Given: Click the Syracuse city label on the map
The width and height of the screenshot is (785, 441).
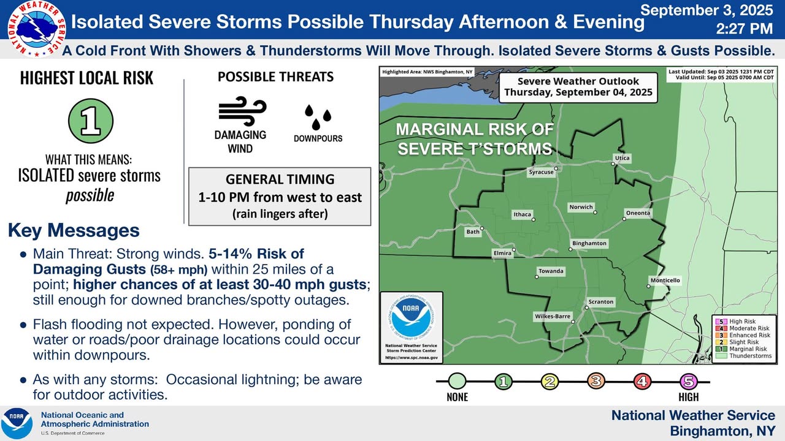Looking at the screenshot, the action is (x=541, y=172).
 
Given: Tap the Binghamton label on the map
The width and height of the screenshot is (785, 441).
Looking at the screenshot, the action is (x=589, y=243).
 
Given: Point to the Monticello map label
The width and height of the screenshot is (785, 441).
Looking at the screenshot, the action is (x=665, y=281).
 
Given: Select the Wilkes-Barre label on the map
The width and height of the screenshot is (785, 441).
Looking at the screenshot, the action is (x=553, y=317).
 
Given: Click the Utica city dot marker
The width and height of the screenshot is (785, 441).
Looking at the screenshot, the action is (x=613, y=164).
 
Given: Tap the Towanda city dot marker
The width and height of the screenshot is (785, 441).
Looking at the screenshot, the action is (x=537, y=277).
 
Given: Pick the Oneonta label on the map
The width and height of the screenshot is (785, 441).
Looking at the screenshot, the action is (x=638, y=213).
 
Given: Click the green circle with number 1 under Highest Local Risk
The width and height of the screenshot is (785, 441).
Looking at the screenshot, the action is (x=91, y=121).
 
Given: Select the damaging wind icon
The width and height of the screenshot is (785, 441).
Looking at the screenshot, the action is (x=242, y=111).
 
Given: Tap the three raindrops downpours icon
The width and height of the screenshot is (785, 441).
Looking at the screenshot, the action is (x=318, y=116).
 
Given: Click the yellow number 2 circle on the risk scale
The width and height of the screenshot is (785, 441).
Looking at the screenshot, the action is (x=549, y=381).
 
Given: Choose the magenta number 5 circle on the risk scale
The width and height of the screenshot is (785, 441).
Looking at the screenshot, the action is (x=688, y=381).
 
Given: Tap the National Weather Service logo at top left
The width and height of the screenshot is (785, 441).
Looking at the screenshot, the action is (x=36, y=29).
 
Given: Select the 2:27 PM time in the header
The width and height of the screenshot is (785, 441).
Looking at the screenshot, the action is (x=745, y=29).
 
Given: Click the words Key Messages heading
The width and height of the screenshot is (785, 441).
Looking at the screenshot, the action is (x=74, y=231).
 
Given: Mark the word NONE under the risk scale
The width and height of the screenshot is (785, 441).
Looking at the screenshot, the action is (x=457, y=398).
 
